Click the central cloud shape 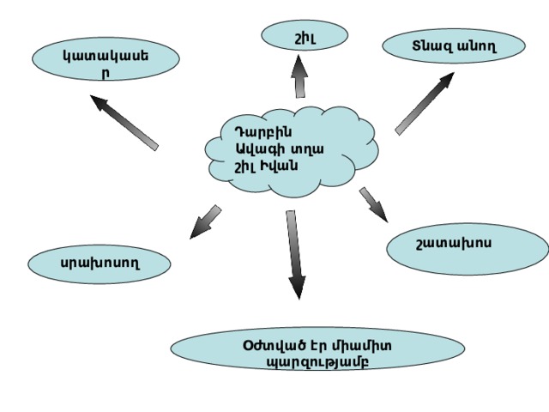point(292,152)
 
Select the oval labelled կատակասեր point(106,59)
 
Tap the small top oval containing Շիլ point(305,35)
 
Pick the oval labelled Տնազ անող point(454,45)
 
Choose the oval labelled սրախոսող point(100,264)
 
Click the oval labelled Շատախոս point(468,249)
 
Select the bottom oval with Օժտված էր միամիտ point(317,348)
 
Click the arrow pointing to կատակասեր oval point(124,123)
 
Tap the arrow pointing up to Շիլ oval point(299,76)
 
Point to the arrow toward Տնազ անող point(425,104)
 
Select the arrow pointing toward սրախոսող point(206,222)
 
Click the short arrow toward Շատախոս point(374,205)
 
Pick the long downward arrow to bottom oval point(295,255)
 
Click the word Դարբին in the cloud point(263,132)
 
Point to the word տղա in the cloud point(308,149)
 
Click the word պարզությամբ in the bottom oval point(317,361)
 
